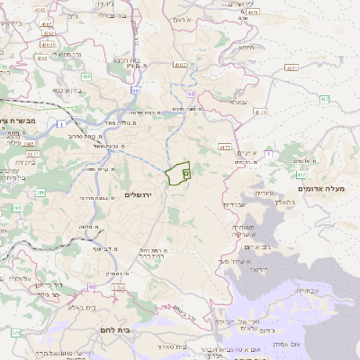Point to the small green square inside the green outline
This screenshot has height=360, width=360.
pyautogui.click(x=185, y=172)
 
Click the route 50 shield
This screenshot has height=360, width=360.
pyautogui.click(x=135, y=91)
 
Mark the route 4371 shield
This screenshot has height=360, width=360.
pyautogui.click(x=291, y=67)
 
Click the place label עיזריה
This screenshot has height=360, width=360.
pyautogui.click(x=261, y=192)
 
